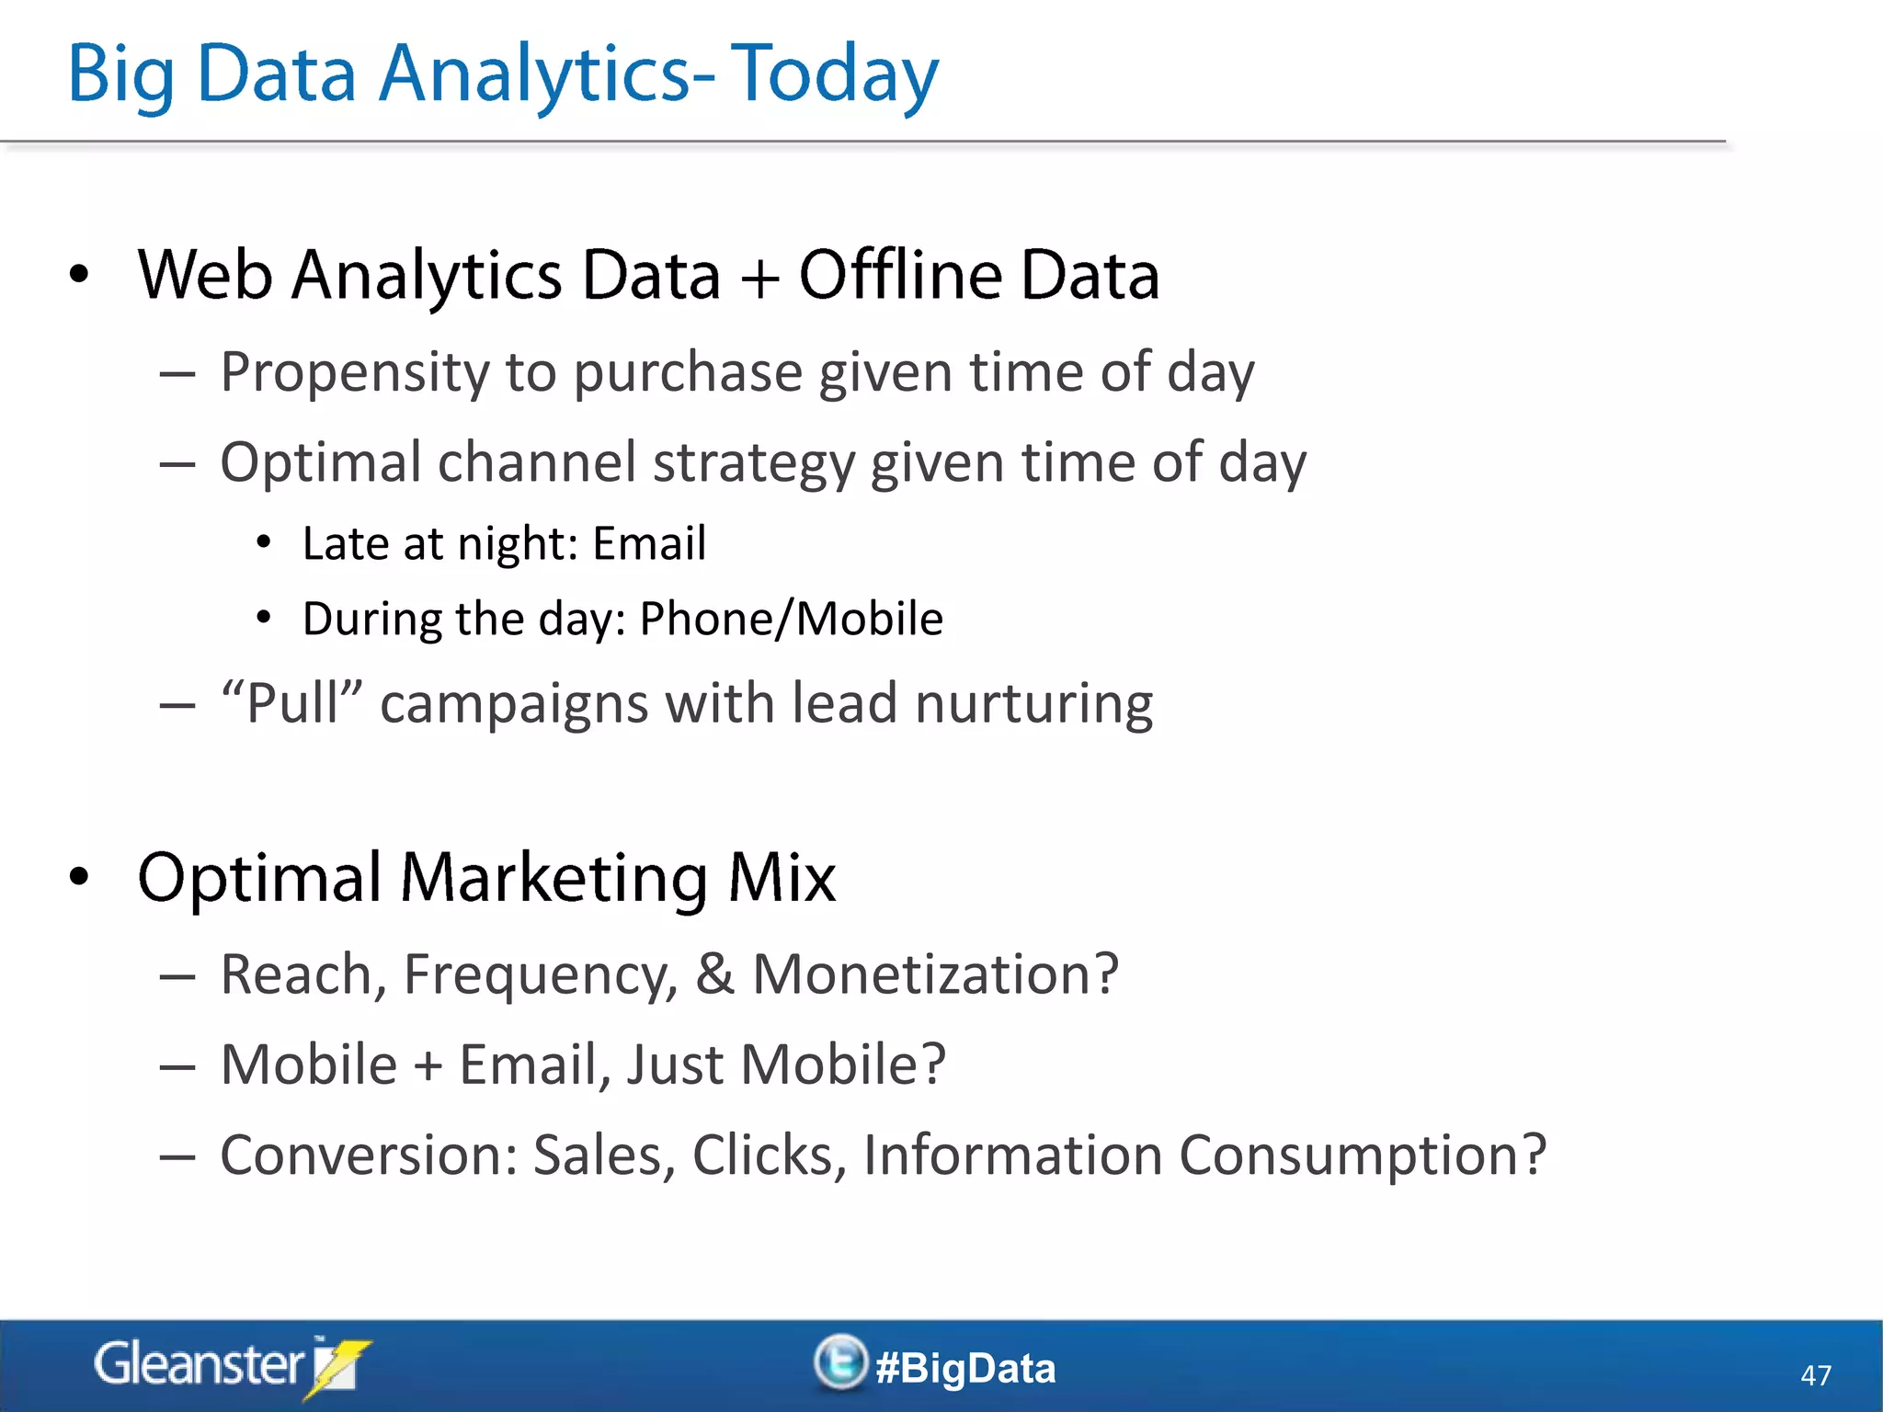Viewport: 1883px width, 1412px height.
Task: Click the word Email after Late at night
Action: pos(649,543)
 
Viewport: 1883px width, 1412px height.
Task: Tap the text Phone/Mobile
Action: pos(791,619)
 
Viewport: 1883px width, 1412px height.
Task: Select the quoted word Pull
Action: pos(292,704)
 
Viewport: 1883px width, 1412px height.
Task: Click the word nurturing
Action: pos(1033,704)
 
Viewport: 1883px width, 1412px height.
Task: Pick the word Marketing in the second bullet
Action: pos(553,878)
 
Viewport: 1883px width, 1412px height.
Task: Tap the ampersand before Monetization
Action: pos(715,974)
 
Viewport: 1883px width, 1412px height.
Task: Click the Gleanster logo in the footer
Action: pos(230,1365)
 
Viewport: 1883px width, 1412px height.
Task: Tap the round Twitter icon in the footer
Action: pos(839,1362)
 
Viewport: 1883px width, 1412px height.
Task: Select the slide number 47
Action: pos(1815,1375)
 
